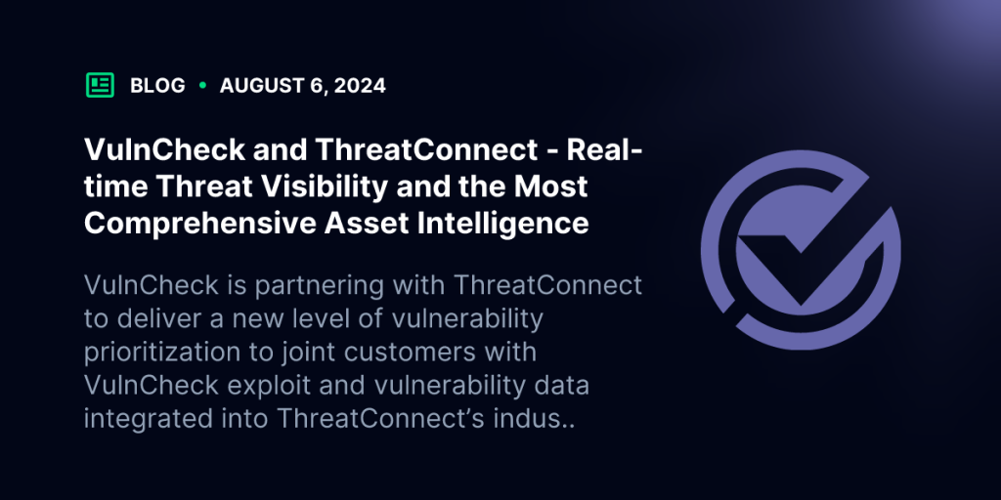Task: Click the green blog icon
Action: [101, 86]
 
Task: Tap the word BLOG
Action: [157, 86]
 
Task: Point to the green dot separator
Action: [202, 85]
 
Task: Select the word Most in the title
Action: [548, 187]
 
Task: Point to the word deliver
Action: [160, 318]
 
